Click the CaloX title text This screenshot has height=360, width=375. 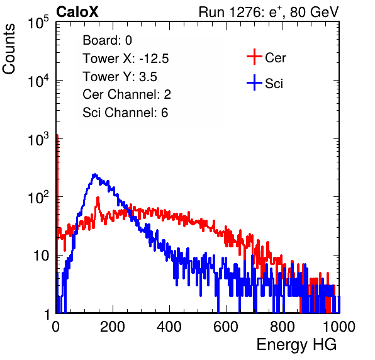[77, 12]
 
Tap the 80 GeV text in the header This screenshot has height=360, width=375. [314, 12]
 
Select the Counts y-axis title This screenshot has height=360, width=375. [9, 49]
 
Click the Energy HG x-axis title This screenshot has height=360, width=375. [296, 345]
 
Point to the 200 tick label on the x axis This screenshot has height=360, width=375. [113, 327]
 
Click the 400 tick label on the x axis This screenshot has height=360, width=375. [169, 327]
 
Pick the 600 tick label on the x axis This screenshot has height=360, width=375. [226, 327]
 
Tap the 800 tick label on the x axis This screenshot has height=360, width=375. [283, 327]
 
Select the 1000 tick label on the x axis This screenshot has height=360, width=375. [339, 327]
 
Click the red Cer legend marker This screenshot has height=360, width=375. [254, 57]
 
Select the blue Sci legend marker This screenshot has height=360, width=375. [254, 82]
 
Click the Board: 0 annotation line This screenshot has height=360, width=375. [108, 40]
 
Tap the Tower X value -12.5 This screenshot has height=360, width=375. [154, 59]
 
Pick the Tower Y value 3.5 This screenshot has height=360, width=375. [148, 77]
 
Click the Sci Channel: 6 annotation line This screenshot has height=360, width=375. [125, 113]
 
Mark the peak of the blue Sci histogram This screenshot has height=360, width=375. [95, 174]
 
